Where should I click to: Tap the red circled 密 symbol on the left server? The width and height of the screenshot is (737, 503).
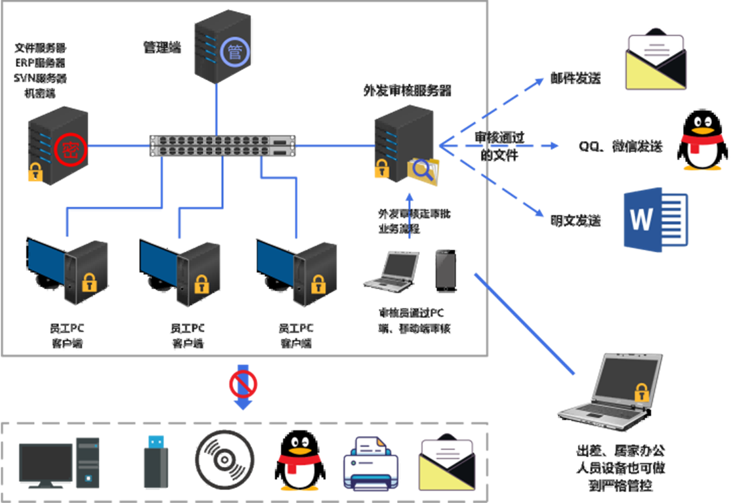tap(67, 149)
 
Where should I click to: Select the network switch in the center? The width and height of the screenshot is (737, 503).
tap(222, 146)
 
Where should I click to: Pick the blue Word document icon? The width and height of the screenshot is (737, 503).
tap(655, 220)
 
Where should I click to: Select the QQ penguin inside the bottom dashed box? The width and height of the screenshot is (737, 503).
tap(300, 464)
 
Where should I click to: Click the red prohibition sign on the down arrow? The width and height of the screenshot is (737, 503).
tap(243, 384)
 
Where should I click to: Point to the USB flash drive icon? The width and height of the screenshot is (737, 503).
tap(156, 462)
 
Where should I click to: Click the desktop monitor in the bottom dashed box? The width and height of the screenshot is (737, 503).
tap(46, 464)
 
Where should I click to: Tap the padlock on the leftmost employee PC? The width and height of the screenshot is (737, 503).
tap(88, 283)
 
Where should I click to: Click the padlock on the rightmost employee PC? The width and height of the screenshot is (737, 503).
tap(318, 284)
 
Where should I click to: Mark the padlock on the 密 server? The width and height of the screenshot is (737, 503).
tap(35, 172)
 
